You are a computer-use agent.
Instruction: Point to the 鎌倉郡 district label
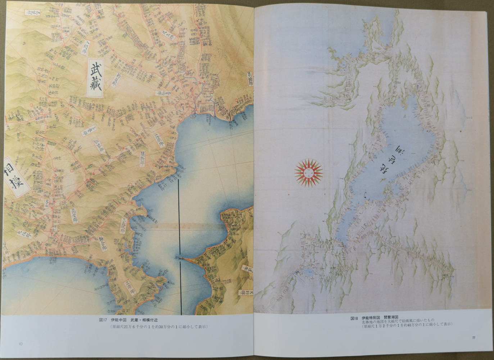tap(97, 238)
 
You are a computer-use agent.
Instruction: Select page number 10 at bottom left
tap(21, 344)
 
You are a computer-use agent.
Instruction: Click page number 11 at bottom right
tap(474, 338)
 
